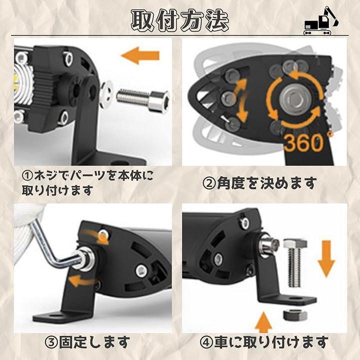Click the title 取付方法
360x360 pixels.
pyautogui.click(x=180, y=20)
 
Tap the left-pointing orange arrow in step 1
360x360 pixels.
pyautogui.click(x=140, y=55)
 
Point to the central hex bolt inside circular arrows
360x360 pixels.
pyautogui.click(x=294, y=99)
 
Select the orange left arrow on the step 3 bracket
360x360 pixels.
pyautogui.click(x=84, y=280)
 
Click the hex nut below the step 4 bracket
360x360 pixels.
pyautogui.click(x=295, y=315)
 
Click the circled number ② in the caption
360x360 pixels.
pyautogui.click(x=209, y=183)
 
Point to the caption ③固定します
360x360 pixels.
pyautogui.click(x=87, y=342)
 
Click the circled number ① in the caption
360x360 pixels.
pyautogui.click(x=28, y=176)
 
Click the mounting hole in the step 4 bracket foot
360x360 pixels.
pyautogui.click(x=294, y=298)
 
